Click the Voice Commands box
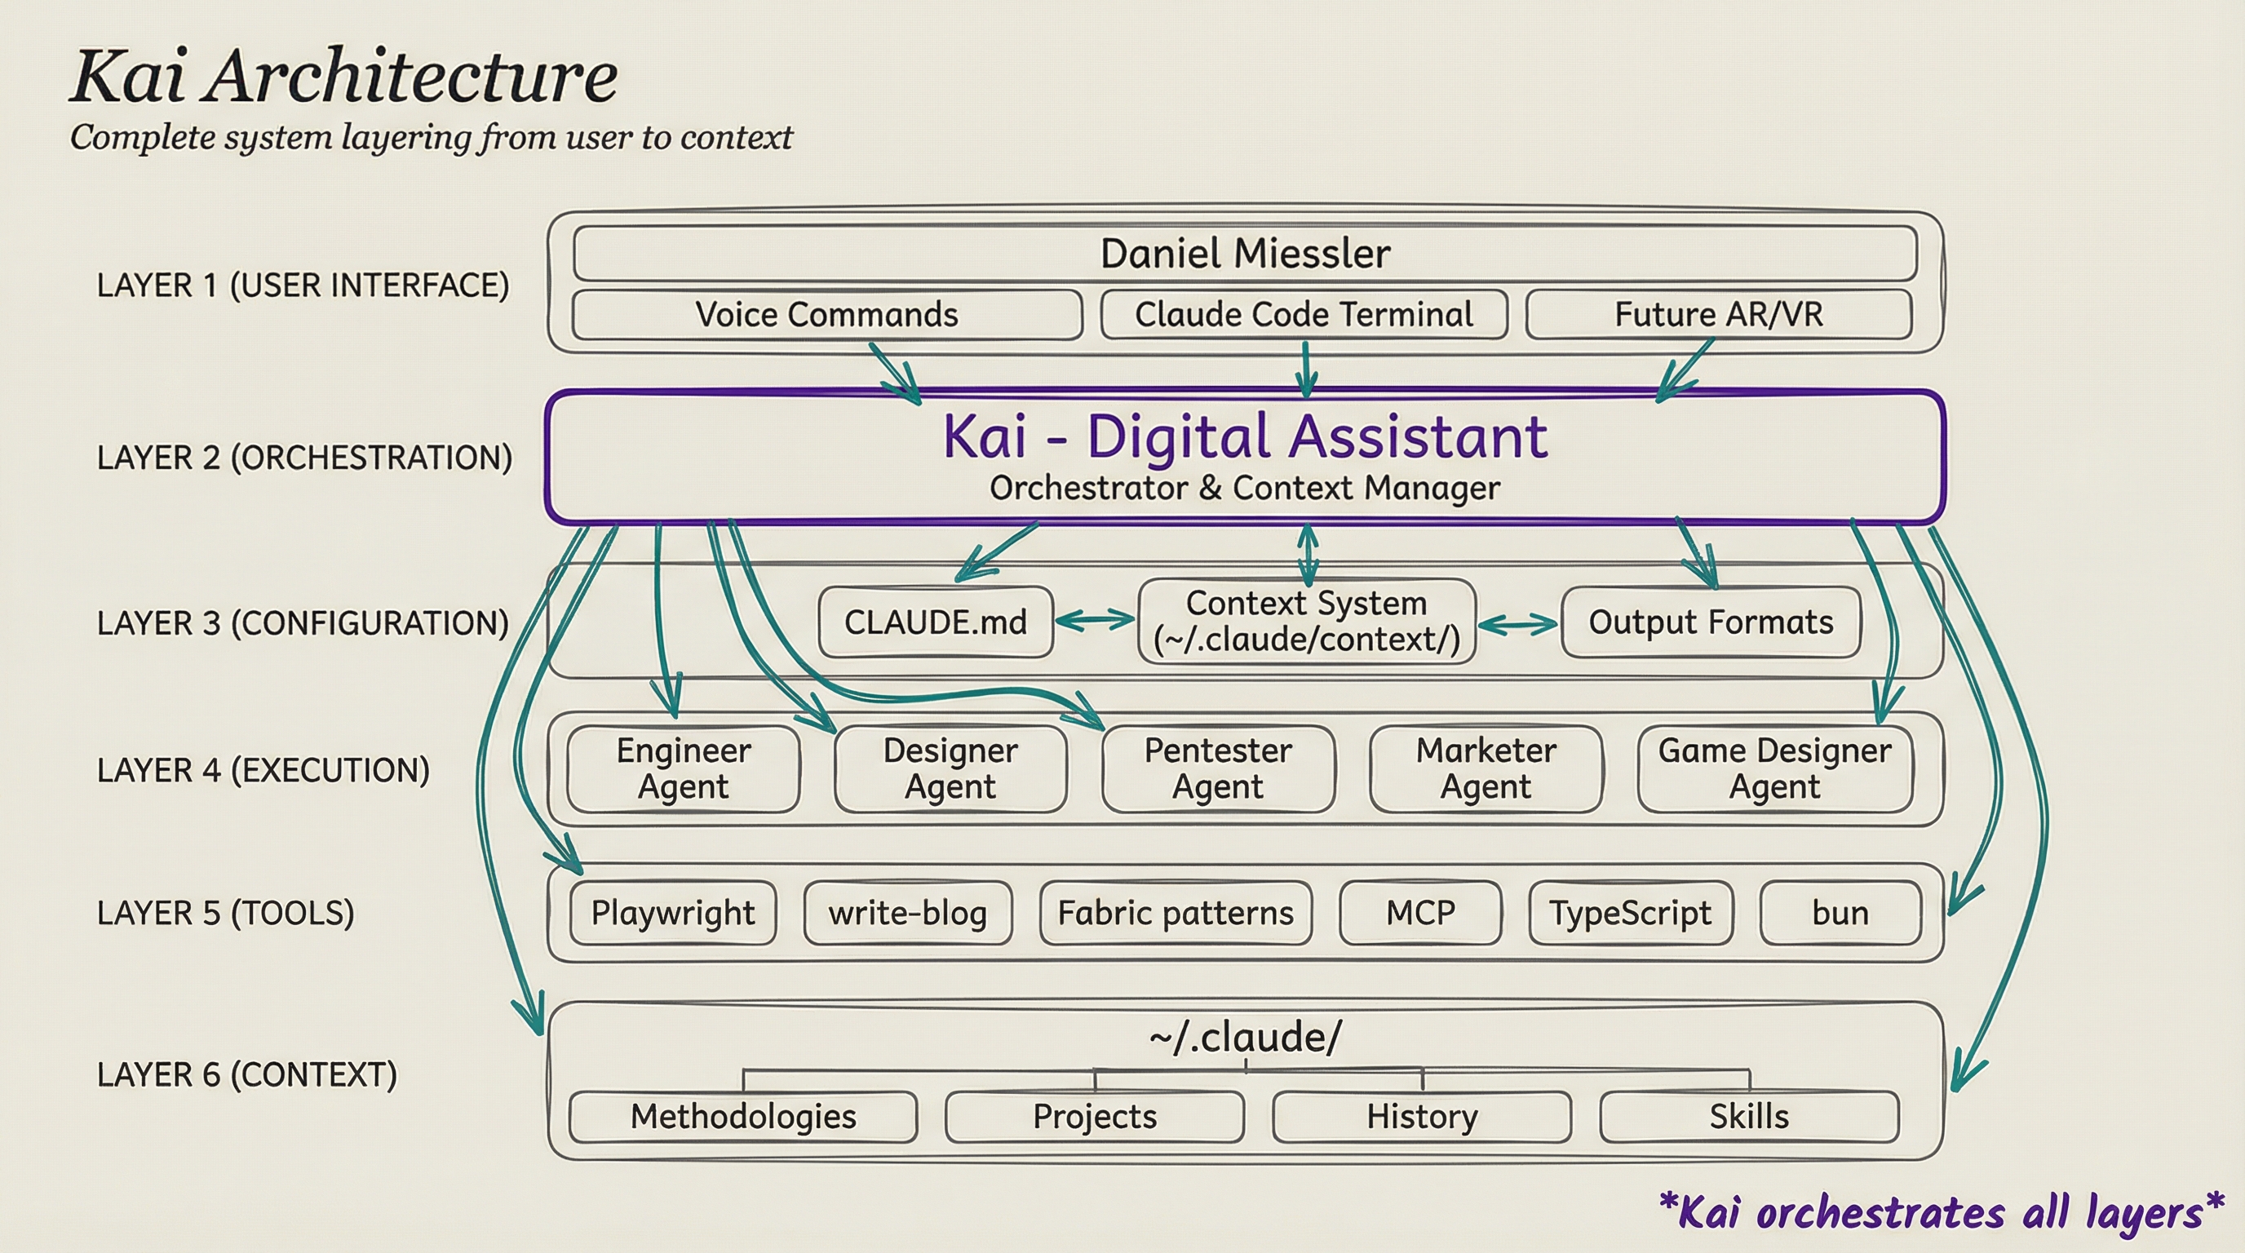point(826,315)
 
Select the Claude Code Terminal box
point(1304,315)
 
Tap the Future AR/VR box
point(1719,315)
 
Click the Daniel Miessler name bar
point(1245,254)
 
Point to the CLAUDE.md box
point(935,622)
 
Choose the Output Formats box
point(1711,622)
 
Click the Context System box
point(1306,622)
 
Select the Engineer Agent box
point(684,768)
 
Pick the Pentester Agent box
point(1217,768)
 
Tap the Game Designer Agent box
point(1774,768)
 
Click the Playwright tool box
point(673,913)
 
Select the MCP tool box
point(1420,913)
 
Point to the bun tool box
point(1840,913)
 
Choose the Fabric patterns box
point(1176,913)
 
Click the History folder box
point(1421,1116)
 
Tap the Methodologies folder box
point(743,1116)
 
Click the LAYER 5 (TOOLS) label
point(226,913)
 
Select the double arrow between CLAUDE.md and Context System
point(1096,621)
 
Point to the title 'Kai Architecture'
point(343,77)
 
